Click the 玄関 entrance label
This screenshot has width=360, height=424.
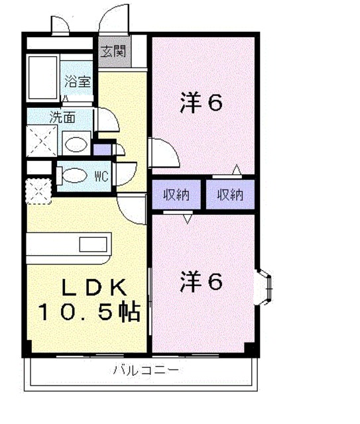pyautogui.click(x=113, y=51)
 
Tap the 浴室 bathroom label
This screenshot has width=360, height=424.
pyautogui.click(x=78, y=81)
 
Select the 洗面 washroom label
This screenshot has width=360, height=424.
pyautogui.click(x=62, y=117)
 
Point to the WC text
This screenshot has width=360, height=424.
pyautogui.click(x=102, y=177)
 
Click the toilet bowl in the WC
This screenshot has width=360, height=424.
pyautogui.click(x=72, y=175)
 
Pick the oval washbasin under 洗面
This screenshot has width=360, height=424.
pyautogui.click(x=76, y=144)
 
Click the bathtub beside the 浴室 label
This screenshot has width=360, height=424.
pyautogui.click(x=43, y=78)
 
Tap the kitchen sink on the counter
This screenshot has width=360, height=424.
pyautogui.click(x=93, y=244)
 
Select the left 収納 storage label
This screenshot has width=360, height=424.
pyautogui.click(x=176, y=195)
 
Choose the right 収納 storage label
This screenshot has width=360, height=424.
pyautogui.click(x=230, y=195)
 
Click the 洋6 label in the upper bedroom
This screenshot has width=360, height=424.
pyautogui.click(x=201, y=102)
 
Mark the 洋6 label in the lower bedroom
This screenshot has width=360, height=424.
pyautogui.click(x=201, y=282)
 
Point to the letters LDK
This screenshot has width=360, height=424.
pyautogui.click(x=94, y=287)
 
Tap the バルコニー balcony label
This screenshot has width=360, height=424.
pyautogui.click(x=146, y=370)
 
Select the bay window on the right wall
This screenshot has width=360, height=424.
pyautogui.click(x=265, y=287)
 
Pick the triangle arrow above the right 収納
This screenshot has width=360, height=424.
pyautogui.click(x=237, y=170)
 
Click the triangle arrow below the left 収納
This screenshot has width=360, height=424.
pyautogui.click(x=188, y=219)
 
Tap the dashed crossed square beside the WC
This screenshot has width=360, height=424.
pyautogui.click(x=38, y=191)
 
